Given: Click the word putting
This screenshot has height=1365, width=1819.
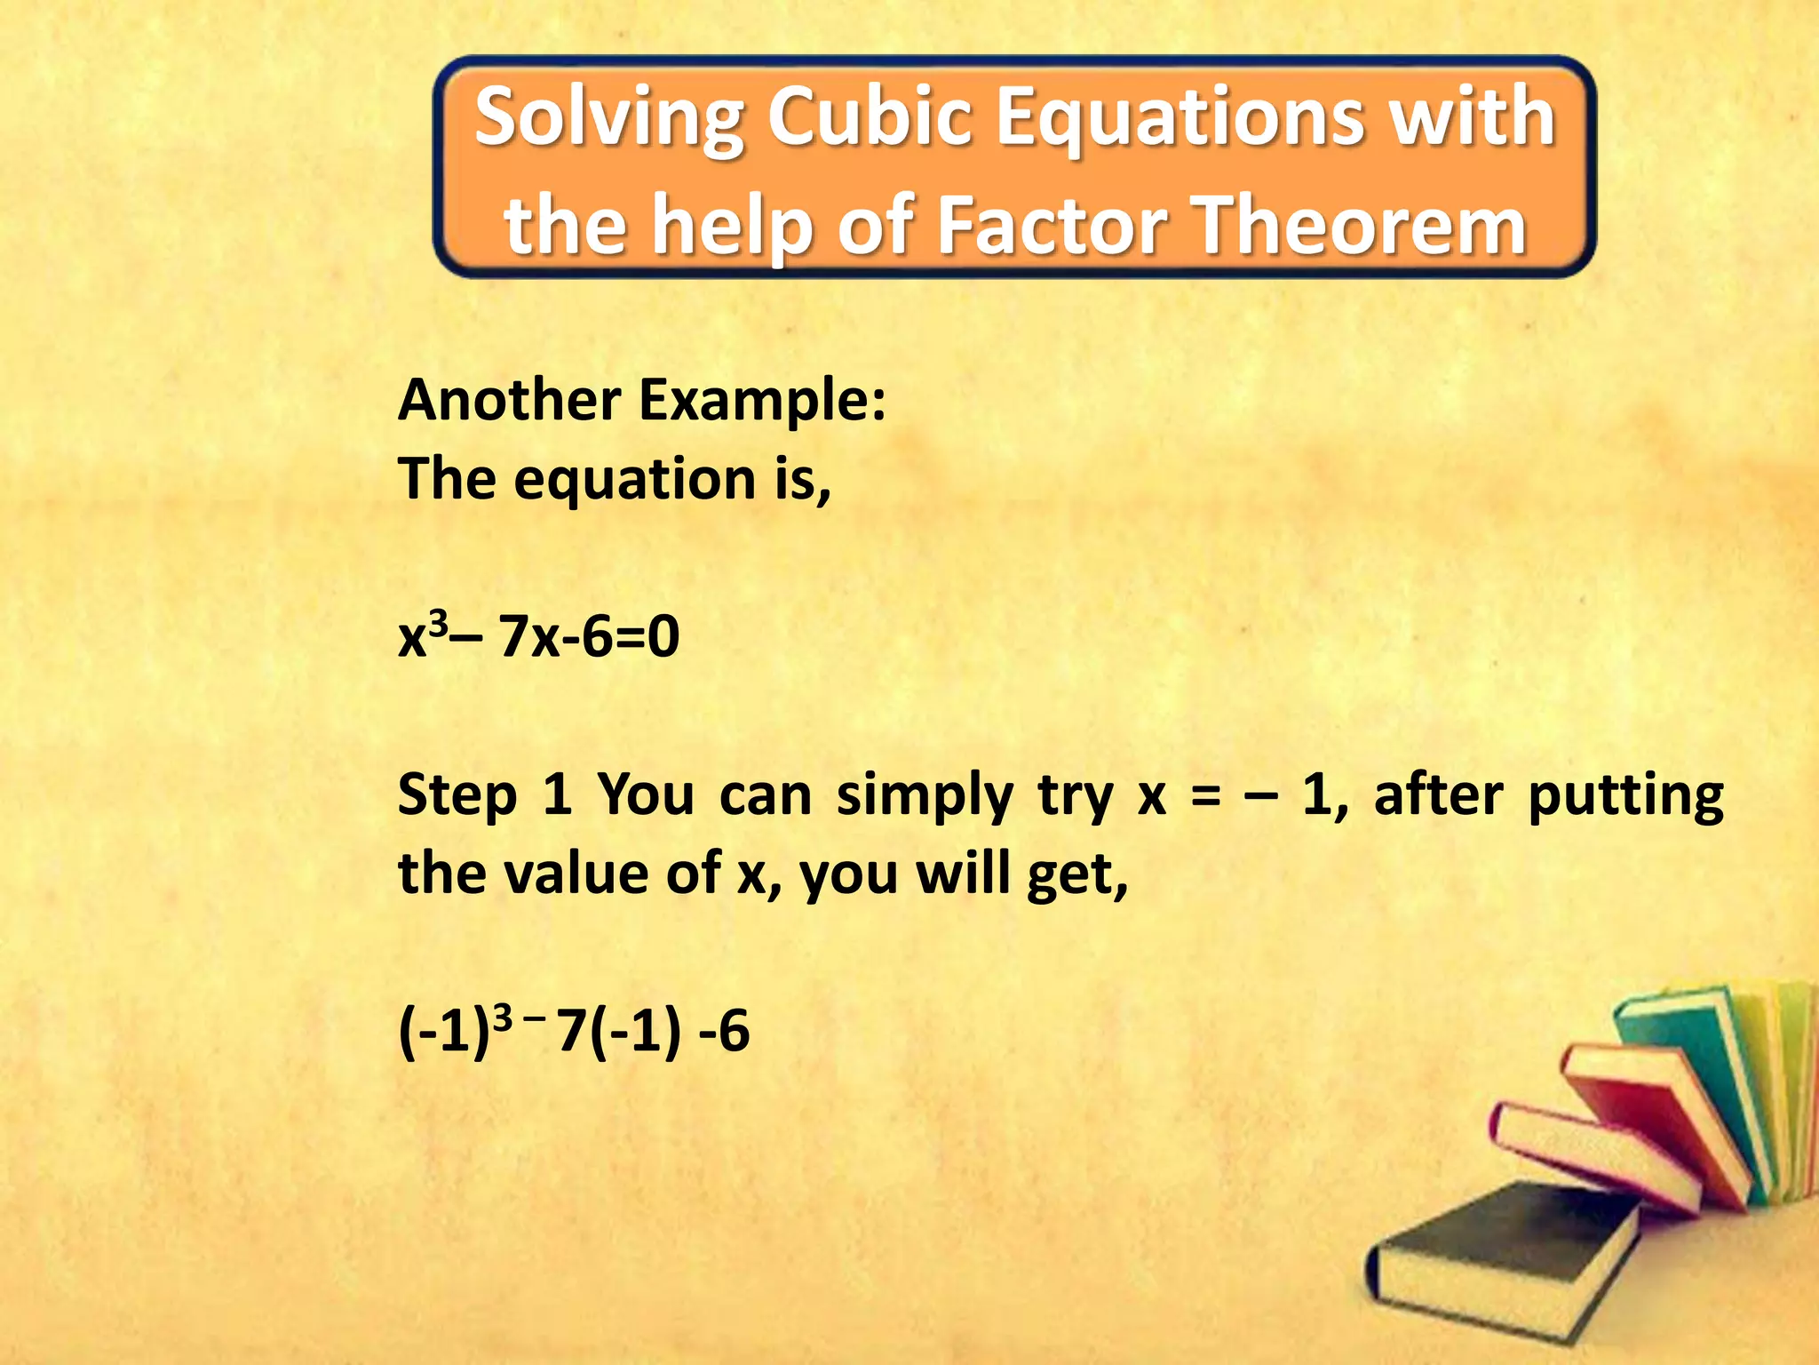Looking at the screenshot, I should pos(1625,795).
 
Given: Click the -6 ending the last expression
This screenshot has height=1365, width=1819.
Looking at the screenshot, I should pos(724,1032).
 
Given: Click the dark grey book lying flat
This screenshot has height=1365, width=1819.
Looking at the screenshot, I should pos(1501,1244).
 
